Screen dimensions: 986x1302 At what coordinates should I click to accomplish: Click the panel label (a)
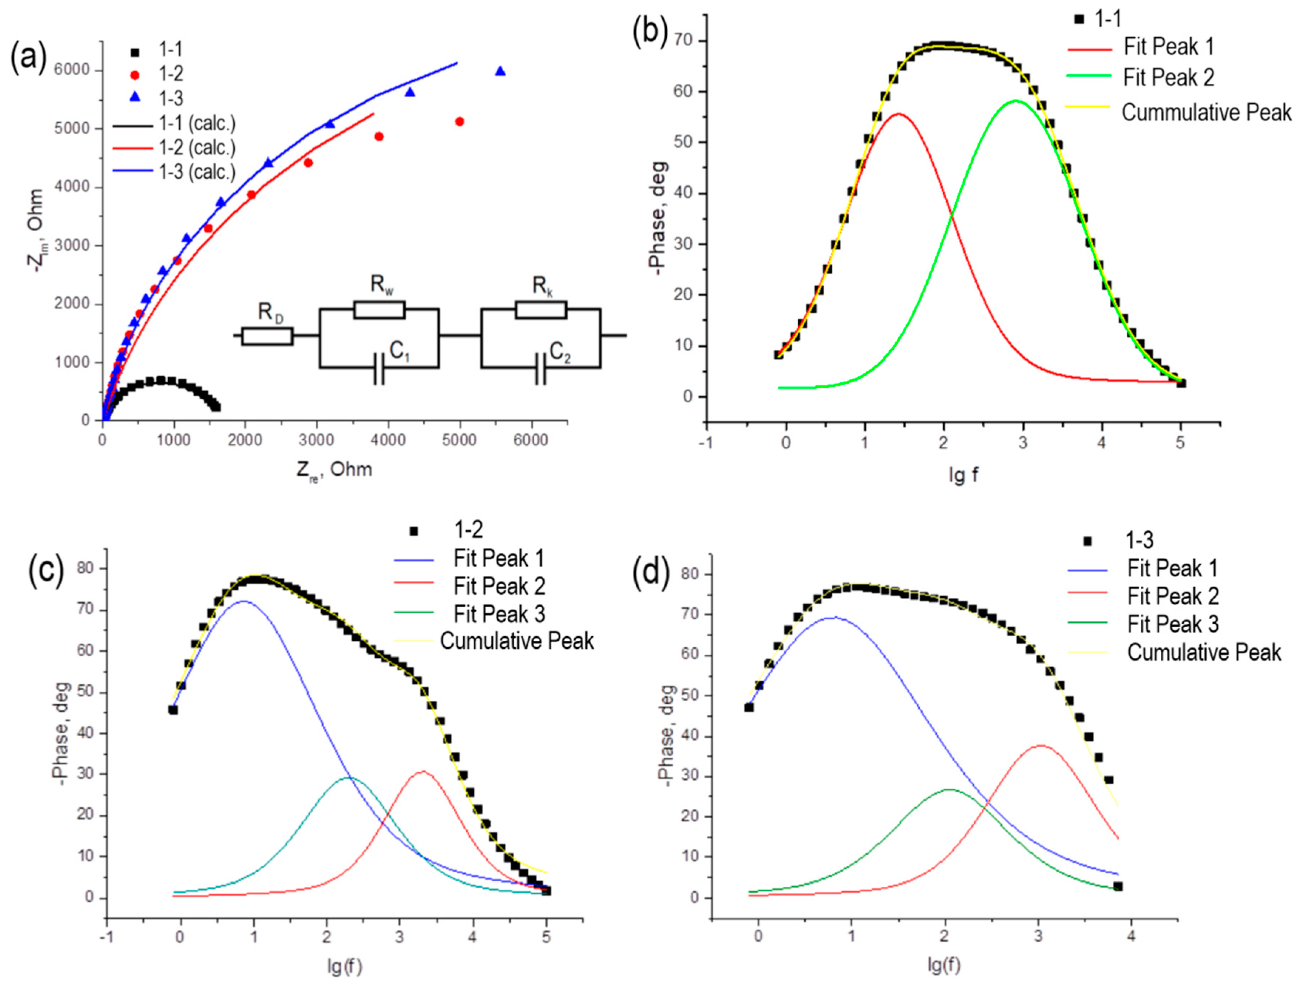tap(28, 59)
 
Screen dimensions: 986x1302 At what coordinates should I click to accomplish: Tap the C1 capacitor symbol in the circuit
tap(379, 368)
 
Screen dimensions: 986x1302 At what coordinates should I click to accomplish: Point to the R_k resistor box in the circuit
tap(540, 310)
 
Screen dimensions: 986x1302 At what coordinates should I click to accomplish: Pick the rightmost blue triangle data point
tap(500, 71)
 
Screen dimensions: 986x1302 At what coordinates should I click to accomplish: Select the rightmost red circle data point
tap(460, 121)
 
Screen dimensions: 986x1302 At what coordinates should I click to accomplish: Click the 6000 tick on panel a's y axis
tap(72, 70)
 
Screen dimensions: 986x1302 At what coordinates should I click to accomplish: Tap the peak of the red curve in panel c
tap(422, 772)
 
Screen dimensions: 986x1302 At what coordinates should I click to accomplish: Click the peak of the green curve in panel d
tap(948, 789)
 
